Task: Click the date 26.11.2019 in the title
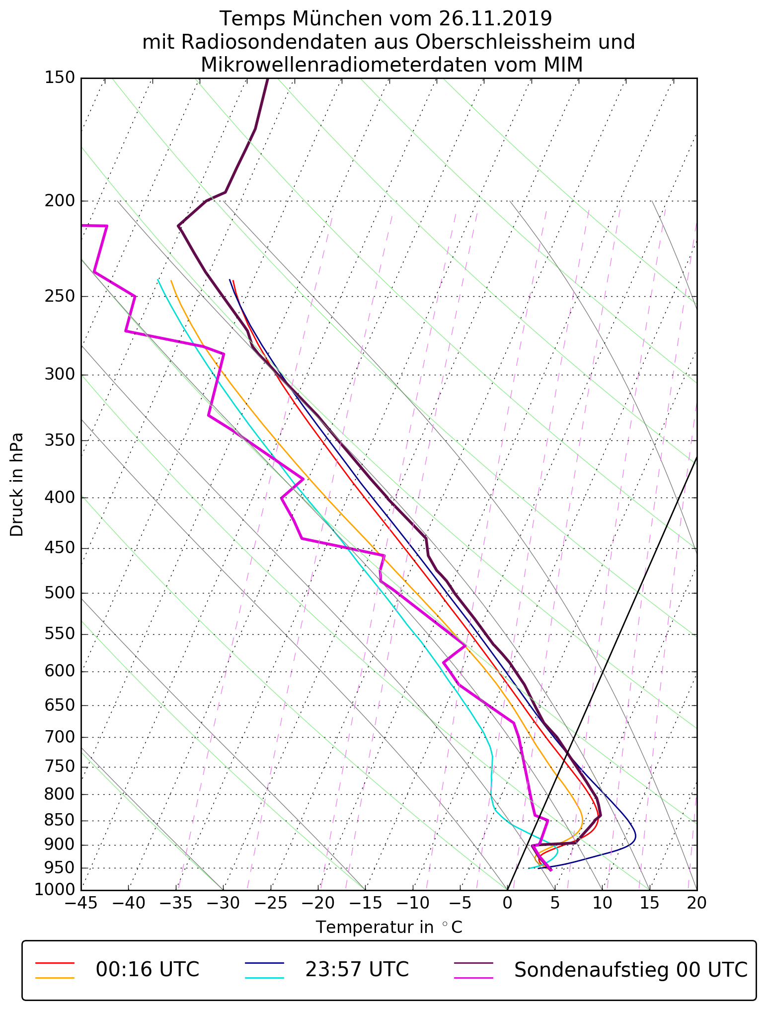tap(495, 19)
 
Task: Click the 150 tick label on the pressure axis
tap(60, 78)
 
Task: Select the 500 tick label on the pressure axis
tap(60, 593)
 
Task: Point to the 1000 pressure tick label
tap(55, 890)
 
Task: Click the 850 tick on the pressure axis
tap(60, 821)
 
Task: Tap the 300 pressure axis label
tap(60, 375)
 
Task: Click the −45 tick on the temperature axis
tap(81, 903)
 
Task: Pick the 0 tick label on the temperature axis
tap(507, 903)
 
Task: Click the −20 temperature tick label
tap(317, 903)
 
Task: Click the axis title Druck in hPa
tap(17, 485)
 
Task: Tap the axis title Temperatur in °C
tap(389, 927)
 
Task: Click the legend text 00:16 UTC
tap(148, 970)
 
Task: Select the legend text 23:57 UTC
tap(357, 970)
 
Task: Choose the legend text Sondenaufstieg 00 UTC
tap(630, 970)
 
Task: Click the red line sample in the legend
tap(55, 963)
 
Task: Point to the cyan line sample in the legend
tap(264, 978)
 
